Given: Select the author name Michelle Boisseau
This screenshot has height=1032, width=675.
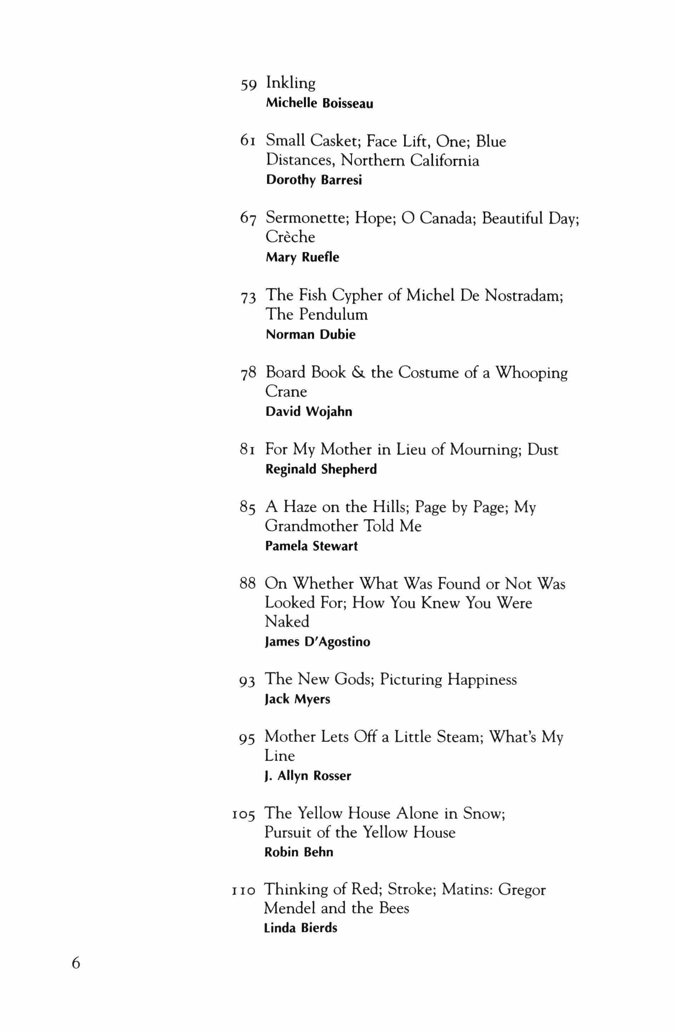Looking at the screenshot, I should (319, 104).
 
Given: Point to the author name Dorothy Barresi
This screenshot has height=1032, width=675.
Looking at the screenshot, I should (314, 180).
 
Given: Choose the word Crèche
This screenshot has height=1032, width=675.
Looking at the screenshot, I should (290, 237).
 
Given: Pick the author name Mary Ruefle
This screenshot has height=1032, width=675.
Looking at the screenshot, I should (302, 257).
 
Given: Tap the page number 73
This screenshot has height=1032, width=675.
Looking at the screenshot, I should (248, 297).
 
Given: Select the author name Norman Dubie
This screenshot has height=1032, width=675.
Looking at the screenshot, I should (310, 334).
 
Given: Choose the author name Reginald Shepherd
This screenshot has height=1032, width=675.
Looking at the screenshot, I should (321, 469).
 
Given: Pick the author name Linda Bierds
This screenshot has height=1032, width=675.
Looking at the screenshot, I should (300, 928).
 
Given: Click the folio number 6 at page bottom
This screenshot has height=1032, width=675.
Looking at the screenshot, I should (76, 963).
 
